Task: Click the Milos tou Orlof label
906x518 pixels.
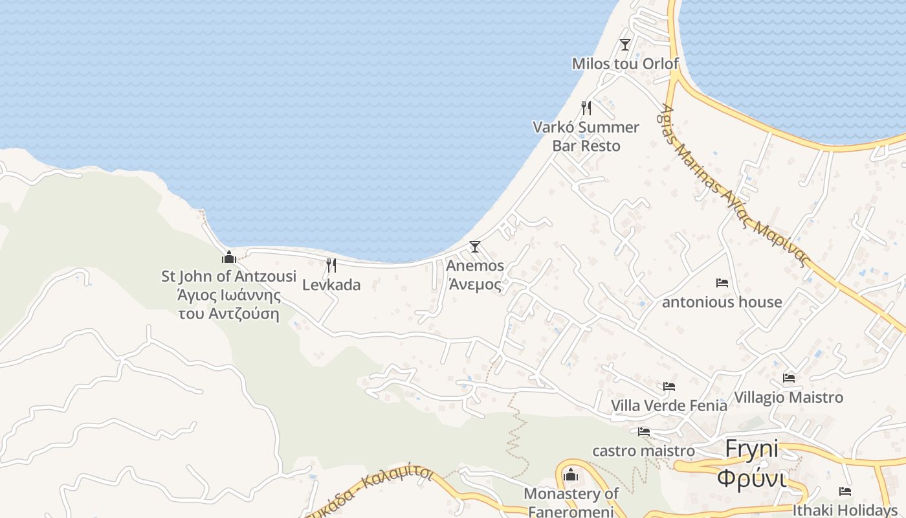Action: [625, 63]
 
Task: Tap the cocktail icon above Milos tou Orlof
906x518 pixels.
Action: [624, 44]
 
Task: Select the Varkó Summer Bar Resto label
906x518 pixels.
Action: [586, 136]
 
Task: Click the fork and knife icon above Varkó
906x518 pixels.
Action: [586, 107]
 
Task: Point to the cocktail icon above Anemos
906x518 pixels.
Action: [475, 246]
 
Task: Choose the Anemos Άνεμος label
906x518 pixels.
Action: [475, 275]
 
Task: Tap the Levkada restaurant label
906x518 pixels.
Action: [331, 285]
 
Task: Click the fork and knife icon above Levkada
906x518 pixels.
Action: [331, 265]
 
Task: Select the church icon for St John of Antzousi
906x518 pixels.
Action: [228, 257]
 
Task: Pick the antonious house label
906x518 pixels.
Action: [722, 302]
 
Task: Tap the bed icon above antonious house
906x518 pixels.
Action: [722, 283]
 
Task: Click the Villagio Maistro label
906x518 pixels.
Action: [788, 397]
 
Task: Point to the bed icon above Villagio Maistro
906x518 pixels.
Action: [788, 377]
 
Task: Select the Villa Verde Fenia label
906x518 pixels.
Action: [669, 405]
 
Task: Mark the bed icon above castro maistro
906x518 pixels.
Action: [643, 431]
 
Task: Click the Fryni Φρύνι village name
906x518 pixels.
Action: [751, 464]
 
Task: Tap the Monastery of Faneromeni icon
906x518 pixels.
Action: [570, 475]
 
